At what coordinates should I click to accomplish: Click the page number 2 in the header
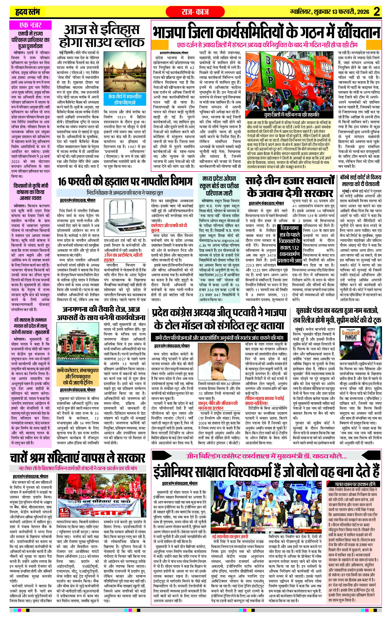383,12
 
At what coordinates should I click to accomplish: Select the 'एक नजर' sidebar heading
31,25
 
